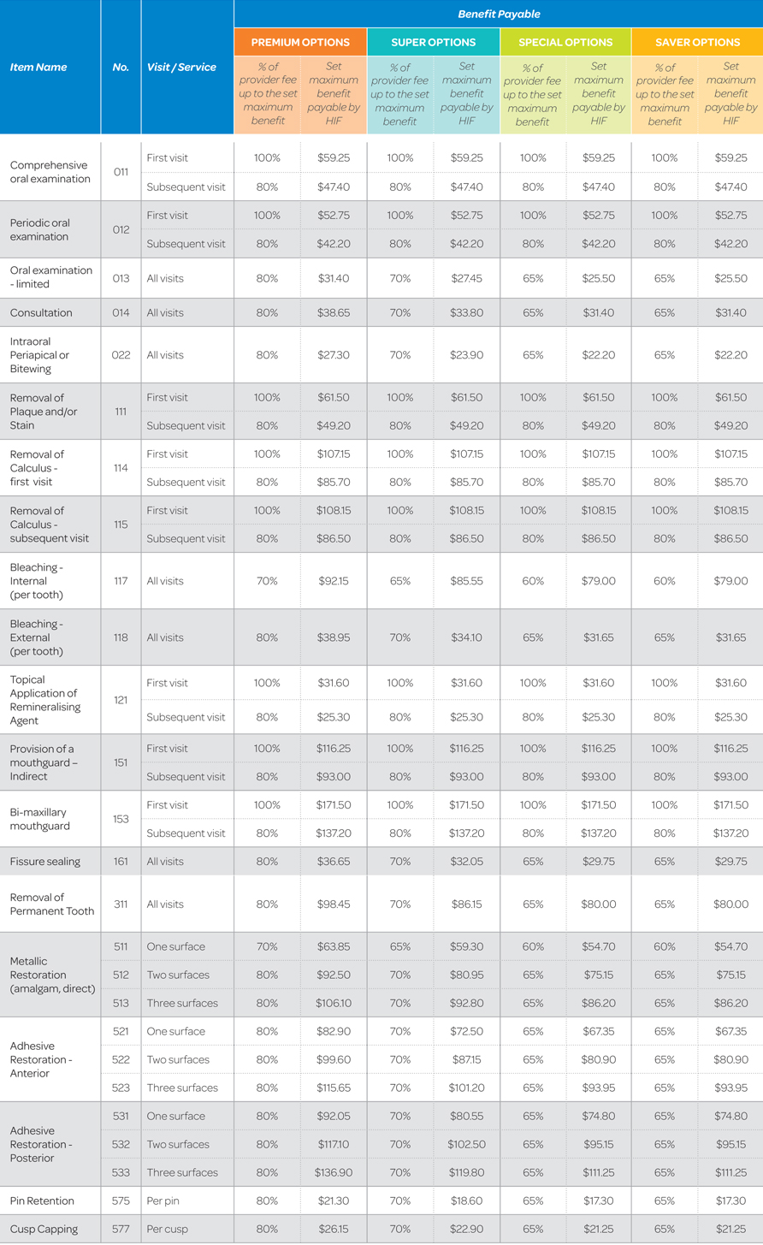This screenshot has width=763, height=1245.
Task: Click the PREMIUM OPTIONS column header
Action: [300, 42]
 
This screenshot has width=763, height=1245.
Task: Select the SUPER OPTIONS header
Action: [433, 42]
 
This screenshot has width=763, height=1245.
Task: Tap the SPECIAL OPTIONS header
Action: [565, 42]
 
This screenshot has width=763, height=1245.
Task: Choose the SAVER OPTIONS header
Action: [697, 42]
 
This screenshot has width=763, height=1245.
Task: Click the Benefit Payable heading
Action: [499, 14]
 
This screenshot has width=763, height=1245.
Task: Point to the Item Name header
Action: [38, 67]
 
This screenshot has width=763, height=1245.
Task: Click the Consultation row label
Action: [41, 312]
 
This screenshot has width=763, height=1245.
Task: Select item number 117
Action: [121, 581]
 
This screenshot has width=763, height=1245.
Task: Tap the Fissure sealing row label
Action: [45, 862]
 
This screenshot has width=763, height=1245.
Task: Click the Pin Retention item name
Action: [42, 1201]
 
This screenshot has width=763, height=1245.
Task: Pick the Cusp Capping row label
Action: [44, 1229]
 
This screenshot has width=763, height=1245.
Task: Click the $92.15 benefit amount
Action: [334, 581]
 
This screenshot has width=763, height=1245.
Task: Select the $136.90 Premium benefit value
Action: [334, 1172]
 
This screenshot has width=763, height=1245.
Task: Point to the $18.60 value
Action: [466, 1201]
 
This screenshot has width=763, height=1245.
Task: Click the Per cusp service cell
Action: [165, 1229]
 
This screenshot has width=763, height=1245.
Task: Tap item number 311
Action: [121, 904]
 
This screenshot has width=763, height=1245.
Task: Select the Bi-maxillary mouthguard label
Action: [38, 819]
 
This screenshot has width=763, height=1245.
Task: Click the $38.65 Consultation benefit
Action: [334, 312]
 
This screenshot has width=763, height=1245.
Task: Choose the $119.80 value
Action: [466, 1172]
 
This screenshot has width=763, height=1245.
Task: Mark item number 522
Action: [121, 1059]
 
